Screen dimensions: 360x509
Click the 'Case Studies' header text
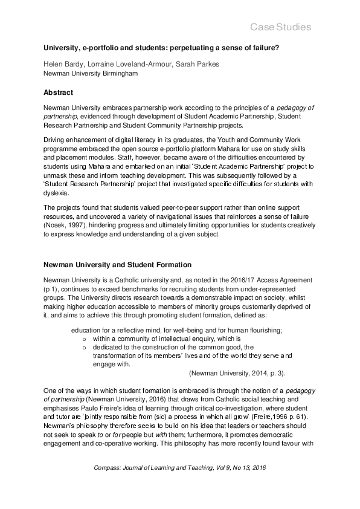(x=280, y=27)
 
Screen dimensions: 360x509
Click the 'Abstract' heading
(x=58, y=93)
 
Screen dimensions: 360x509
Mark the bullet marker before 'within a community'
(x=84, y=340)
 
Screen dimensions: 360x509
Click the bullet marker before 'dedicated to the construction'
(x=84, y=348)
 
